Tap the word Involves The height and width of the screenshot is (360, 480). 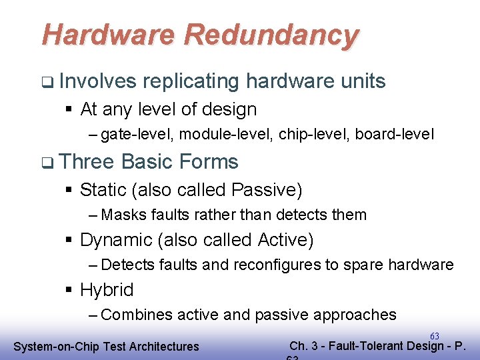pos(97,81)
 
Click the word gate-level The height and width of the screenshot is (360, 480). pos(139,135)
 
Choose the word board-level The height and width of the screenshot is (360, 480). pos(394,135)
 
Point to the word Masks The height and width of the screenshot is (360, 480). pos(124,215)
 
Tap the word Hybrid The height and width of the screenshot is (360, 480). pos(107,290)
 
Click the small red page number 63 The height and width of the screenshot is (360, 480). pos(434,337)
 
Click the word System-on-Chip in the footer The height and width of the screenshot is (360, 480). pos(55,347)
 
